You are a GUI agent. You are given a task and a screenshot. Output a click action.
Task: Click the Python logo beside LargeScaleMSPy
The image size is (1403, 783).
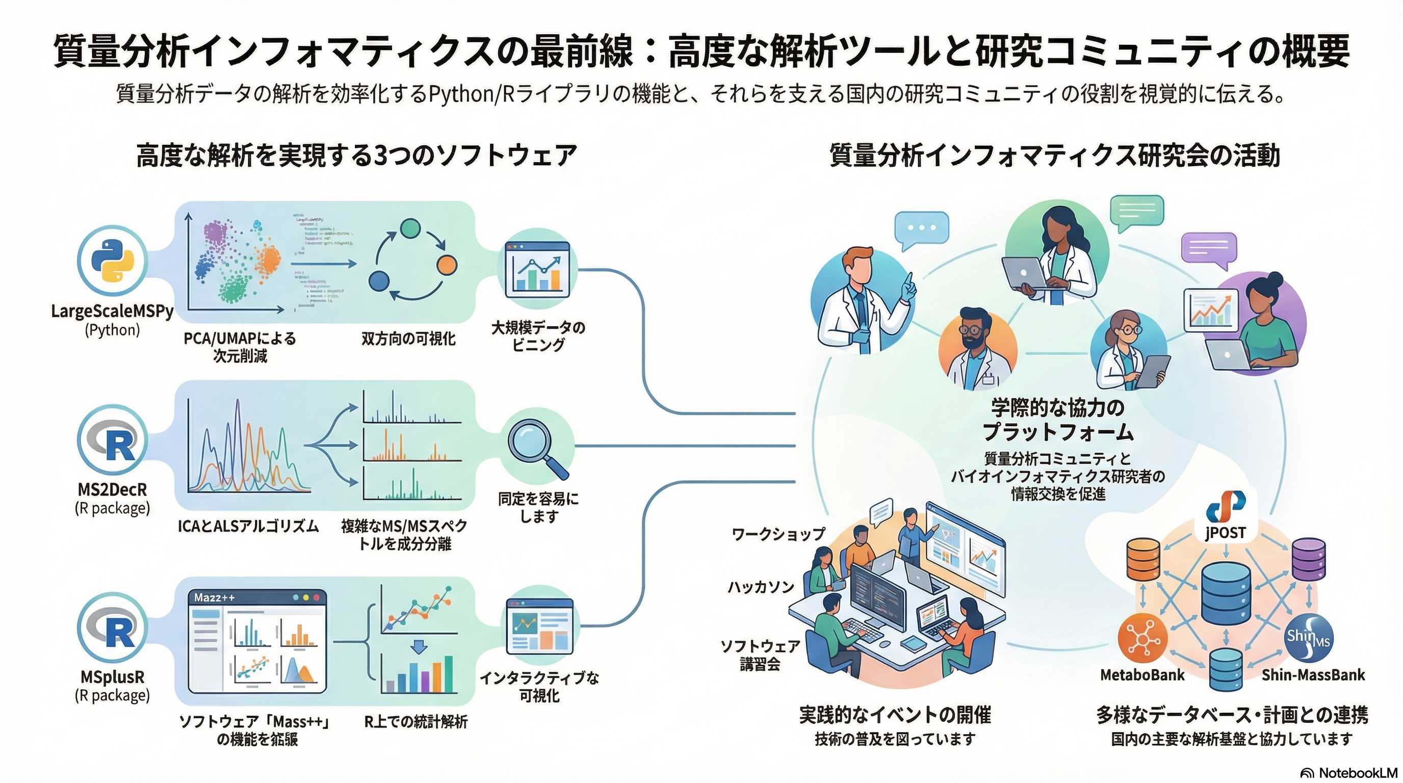click(112, 260)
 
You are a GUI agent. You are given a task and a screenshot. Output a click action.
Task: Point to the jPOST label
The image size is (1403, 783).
click(1226, 532)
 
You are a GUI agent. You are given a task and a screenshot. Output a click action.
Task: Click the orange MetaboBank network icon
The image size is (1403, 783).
click(1142, 638)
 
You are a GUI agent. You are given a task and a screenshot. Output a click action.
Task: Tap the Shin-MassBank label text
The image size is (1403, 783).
click(1313, 675)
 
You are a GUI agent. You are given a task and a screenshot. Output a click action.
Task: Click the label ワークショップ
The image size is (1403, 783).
click(778, 534)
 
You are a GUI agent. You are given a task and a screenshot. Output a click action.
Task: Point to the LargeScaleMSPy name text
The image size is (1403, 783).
click(112, 311)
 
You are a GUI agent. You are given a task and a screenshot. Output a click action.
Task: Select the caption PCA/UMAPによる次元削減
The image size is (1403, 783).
click(240, 347)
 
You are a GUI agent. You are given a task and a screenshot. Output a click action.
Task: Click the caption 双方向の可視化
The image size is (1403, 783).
click(408, 338)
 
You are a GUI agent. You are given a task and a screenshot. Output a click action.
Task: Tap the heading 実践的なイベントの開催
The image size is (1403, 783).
click(895, 715)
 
